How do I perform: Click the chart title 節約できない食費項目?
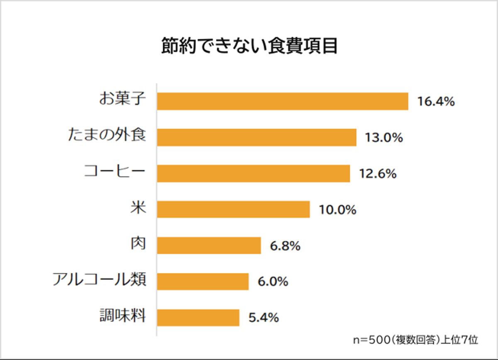point(249,47)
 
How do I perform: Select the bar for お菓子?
point(282,101)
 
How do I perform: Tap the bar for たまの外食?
point(256,137)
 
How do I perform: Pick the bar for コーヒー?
point(253,174)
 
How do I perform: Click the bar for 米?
point(233,209)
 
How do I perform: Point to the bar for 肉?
point(209,245)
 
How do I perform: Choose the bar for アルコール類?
point(203,282)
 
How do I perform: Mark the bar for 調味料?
point(198,318)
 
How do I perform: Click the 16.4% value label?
point(436,102)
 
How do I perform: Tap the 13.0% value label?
point(384,138)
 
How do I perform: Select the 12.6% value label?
point(377,174)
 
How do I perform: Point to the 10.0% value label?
point(337,210)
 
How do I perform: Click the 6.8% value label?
point(285,246)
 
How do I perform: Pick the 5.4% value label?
point(263,318)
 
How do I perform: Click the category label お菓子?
point(122,100)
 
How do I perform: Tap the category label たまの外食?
point(107,136)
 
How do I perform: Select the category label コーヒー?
point(115,172)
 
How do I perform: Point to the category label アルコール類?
point(99,280)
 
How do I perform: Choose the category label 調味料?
point(122,316)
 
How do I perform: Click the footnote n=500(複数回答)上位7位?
point(415,340)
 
